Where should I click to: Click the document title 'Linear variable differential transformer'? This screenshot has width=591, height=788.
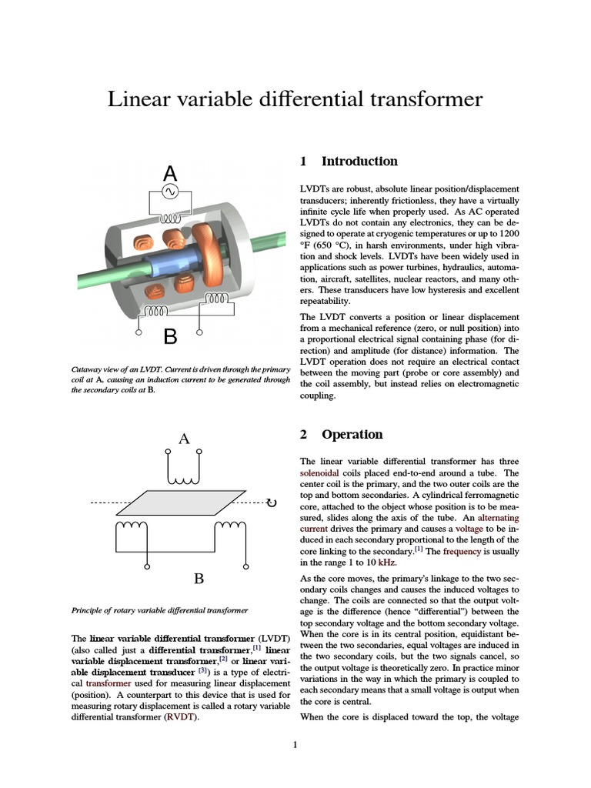pos(295,99)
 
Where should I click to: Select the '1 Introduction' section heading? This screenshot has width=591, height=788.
pos(349,162)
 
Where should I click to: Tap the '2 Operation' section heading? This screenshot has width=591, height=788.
pos(341,435)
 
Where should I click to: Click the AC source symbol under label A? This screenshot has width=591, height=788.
pos(170,192)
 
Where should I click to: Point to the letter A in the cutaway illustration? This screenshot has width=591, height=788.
pos(170,174)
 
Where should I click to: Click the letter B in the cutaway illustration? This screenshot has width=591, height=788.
pos(170,336)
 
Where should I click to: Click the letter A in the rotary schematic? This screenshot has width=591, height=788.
pos(184,439)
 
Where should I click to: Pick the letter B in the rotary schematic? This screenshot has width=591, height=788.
pos(198,578)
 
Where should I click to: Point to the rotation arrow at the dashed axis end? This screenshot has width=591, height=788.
pos(270,503)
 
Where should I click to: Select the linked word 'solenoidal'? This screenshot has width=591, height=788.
pos(321,473)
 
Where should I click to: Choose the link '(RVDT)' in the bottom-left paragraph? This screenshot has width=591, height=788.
pos(181,717)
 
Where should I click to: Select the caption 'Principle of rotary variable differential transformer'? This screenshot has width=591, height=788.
pos(159,610)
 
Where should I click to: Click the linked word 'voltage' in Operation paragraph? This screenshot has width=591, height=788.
pos(469,529)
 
